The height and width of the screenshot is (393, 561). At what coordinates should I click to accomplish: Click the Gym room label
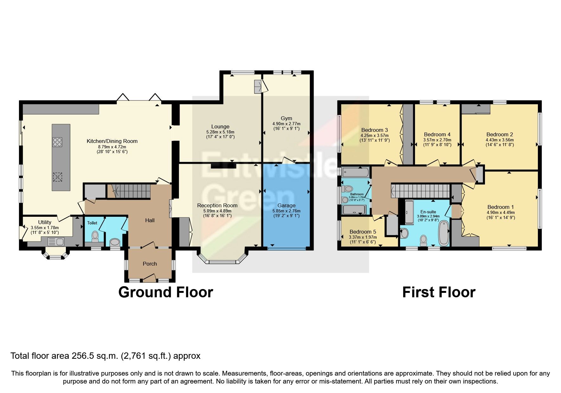[x=286, y=118]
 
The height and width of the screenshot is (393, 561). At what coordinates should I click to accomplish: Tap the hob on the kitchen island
[x=57, y=142]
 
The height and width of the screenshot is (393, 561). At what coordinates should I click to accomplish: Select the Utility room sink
[x=55, y=242]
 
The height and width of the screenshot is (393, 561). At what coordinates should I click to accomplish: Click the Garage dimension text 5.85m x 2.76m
[x=286, y=211]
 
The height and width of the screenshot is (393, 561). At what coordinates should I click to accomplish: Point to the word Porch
[x=150, y=264]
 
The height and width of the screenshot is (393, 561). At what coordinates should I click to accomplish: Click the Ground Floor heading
[x=165, y=292]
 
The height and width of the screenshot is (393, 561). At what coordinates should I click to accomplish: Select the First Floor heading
[x=438, y=292]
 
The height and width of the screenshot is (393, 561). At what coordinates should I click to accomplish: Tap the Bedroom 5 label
[x=363, y=232]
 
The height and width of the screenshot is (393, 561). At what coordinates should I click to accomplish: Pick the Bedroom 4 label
[x=437, y=134]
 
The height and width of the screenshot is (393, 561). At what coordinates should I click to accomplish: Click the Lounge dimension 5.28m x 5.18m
[x=220, y=132]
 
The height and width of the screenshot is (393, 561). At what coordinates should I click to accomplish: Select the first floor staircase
[x=421, y=191]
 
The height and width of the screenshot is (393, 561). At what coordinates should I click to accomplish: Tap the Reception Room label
[x=217, y=205]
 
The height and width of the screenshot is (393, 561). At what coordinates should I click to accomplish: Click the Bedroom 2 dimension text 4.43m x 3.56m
[x=500, y=140]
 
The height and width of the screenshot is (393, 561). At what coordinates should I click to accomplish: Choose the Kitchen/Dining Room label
[x=112, y=141]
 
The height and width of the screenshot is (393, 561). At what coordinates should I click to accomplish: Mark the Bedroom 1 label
[x=500, y=207]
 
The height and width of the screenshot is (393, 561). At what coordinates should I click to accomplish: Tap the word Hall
[x=150, y=220]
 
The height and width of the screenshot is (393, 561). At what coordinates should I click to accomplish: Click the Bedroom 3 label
[x=374, y=130]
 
